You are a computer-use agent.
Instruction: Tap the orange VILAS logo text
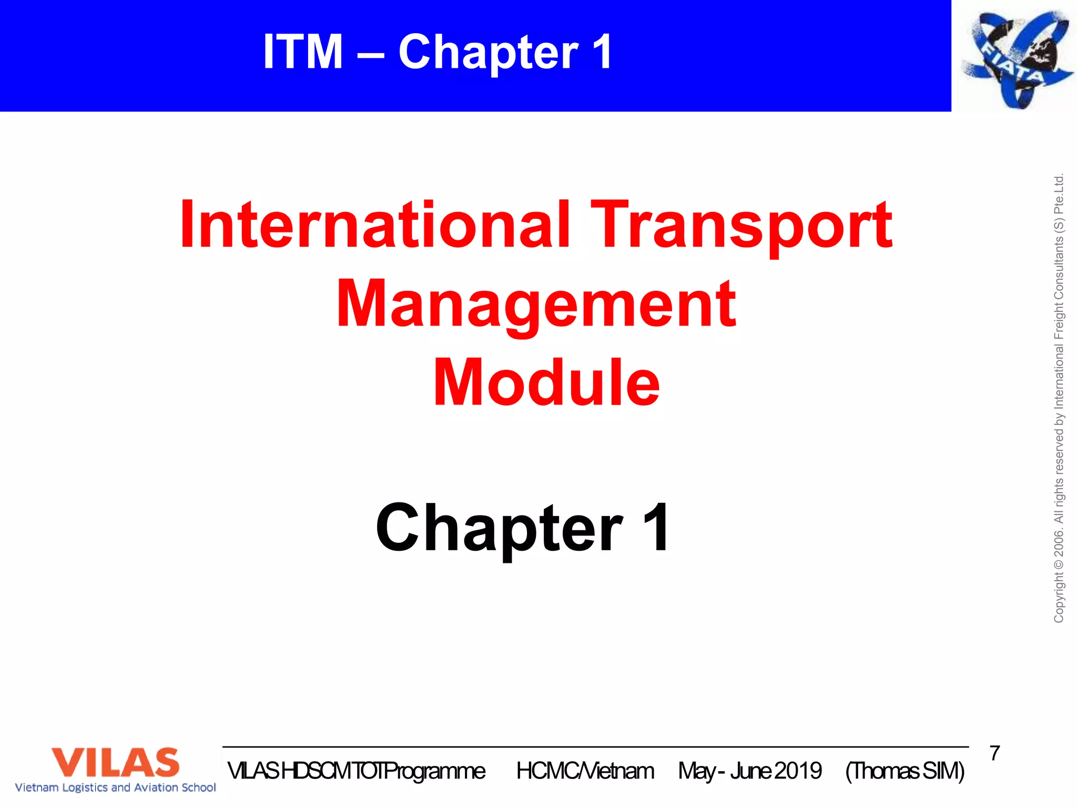pyautogui.click(x=115, y=762)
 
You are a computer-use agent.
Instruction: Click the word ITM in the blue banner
pyautogui.click(x=303, y=52)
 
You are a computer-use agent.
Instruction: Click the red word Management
pyautogui.click(x=536, y=304)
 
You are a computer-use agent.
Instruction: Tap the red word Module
pyautogui.click(x=546, y=382)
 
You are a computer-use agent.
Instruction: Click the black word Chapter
pyautogui.click(x=500, y=528)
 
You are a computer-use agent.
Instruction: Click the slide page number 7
pyautogui.click(x=994, y=753)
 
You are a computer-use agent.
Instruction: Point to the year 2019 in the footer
pyautogui.click(x=798, y=771)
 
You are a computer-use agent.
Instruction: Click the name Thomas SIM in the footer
pyautogui.click(x=905, y=771)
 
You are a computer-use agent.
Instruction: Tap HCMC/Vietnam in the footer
pyautogui.click(x=585, y=771)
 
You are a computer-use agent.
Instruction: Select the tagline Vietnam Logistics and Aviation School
pyautogui.click(x=115, y=787)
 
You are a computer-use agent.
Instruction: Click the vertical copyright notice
pyautogui.click(x=1059, y=398)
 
